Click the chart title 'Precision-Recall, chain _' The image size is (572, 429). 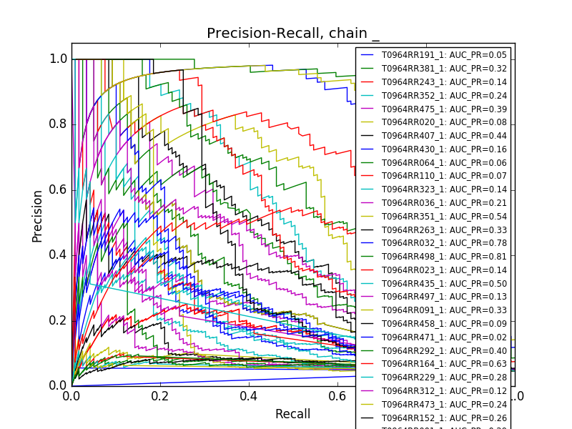click(293, 34)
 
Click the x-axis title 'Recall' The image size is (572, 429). click(293, 414)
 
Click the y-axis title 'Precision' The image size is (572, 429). click(37, 215)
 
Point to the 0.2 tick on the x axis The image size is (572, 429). click(160, 395)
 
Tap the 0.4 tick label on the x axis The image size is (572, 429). click(249, 395)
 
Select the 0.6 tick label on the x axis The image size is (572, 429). click(337, 395)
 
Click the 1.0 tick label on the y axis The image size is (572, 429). click(59, 59)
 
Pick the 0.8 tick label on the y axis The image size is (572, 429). click(59, 124)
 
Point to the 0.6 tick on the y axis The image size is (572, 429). click(59, 189)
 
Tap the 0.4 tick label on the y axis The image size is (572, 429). click(59, 255)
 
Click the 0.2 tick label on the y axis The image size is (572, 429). click(59, 320)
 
